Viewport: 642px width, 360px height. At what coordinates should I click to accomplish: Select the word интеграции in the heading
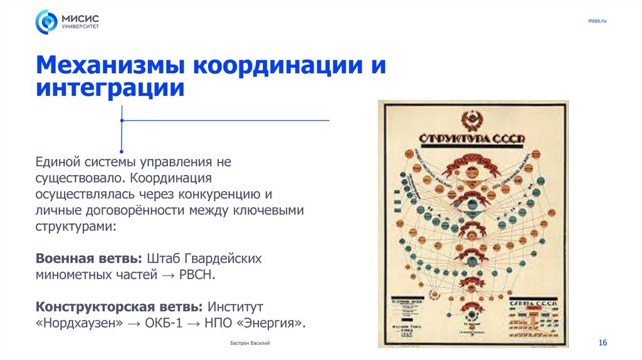coord(110,88)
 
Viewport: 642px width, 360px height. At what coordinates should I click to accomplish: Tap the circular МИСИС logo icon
coord(46,22)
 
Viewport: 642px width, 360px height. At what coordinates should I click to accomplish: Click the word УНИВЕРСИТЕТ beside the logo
coord(80,27)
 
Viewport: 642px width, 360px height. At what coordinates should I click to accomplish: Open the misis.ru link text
coord(597,21)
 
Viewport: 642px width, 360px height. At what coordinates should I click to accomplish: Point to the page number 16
coord(603,342)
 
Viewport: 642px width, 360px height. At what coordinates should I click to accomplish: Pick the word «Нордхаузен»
coord(74,323)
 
